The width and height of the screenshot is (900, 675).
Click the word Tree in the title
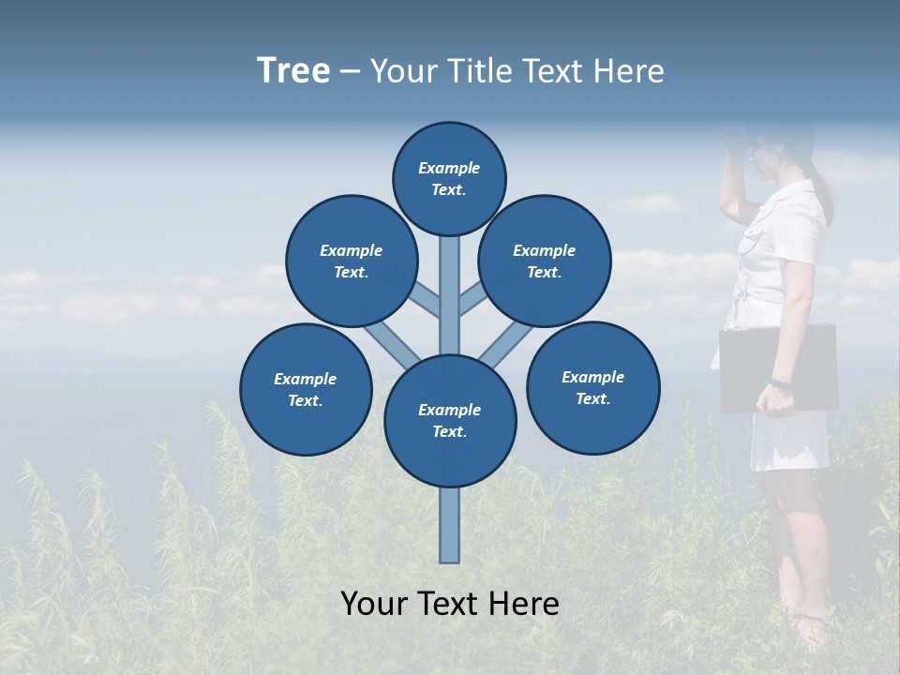pos(293,71)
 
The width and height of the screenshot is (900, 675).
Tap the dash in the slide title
pos(350,72)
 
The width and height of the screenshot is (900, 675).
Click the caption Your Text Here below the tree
pos(450,604)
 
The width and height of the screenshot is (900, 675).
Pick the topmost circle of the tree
pos(449,178)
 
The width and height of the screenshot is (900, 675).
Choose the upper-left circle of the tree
pos(352,261)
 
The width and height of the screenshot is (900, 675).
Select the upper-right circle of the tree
pos(545,261)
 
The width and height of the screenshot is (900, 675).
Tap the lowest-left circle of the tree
pos(306,389)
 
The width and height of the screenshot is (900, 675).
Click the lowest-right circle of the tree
pos(592,387)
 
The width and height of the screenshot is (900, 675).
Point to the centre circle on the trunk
pos(450,421)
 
